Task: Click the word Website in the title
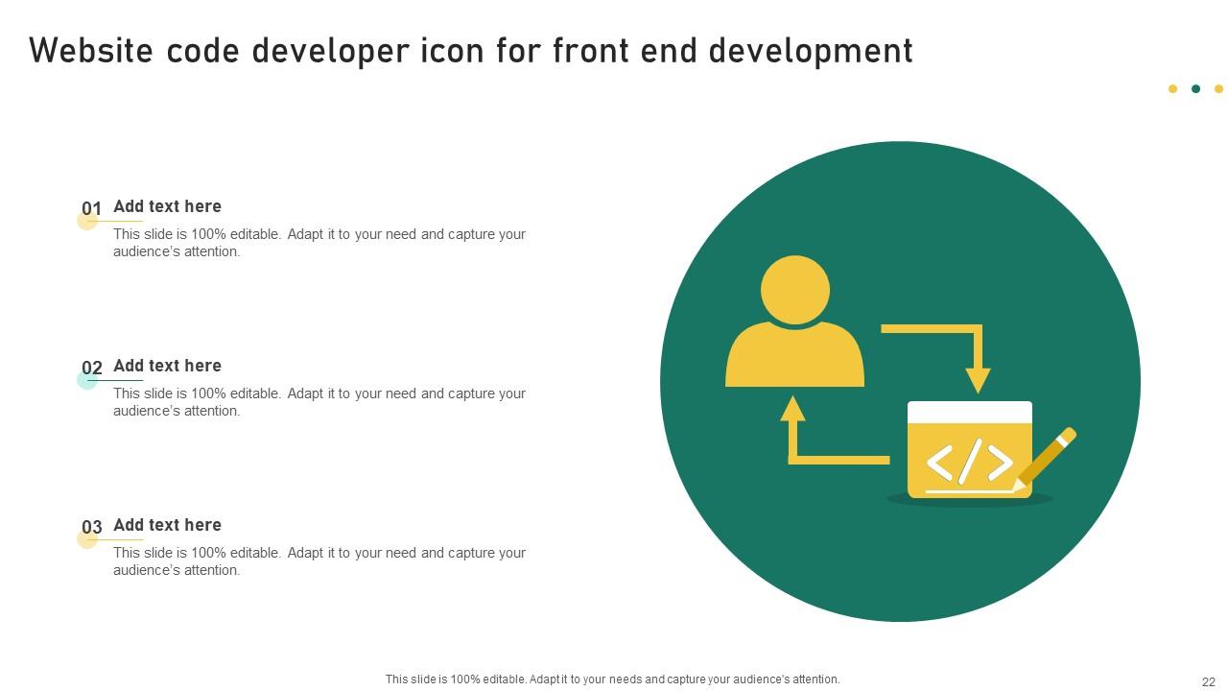[92, 51]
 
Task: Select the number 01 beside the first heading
[92, 209]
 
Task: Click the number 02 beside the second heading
[92, 369]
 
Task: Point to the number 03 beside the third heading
[92, 528]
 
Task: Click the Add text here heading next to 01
[167, 206]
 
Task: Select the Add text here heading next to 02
[167, 366]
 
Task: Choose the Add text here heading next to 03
[167, 525]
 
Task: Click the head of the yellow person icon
[795, 289]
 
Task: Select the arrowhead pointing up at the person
[792, 409]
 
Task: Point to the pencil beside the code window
[1048, 457]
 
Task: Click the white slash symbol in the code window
[970, 461]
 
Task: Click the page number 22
[1208, 682]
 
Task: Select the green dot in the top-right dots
[1195, 89]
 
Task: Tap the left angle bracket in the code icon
[939, 463]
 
